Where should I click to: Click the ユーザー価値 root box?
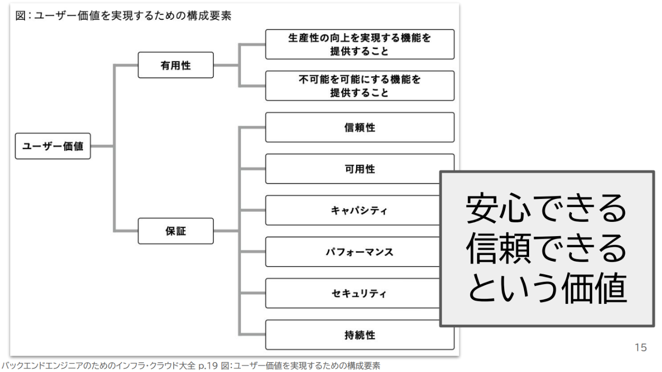[53, 146]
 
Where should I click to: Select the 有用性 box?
[176, 65]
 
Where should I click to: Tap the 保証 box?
[176, 231]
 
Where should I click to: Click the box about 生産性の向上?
[360, 44]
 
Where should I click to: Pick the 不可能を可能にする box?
[360, 86]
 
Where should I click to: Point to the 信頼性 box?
[360, 127]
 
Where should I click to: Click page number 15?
[640, 348]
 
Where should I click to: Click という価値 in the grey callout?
[546, 289]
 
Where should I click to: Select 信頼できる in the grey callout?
[546, 249]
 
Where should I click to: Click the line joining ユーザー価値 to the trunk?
[102, 146]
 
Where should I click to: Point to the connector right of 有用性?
[226, 65]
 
